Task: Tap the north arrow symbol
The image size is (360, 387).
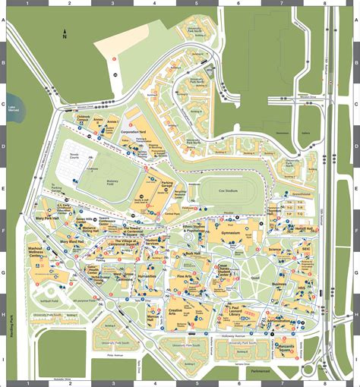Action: tap(64, 33)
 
